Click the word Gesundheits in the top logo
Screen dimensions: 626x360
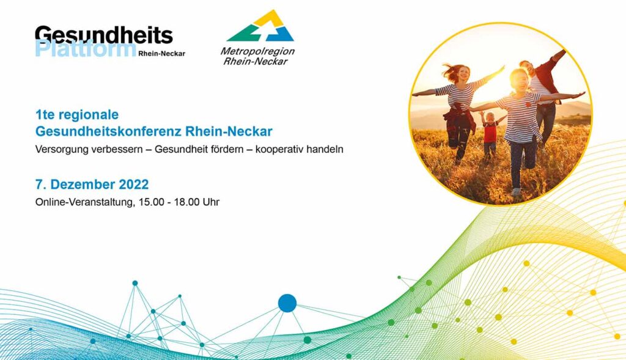[x=104, y=35]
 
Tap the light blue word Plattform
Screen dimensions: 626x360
[x=86, y=49]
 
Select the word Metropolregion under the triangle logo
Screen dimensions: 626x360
[x=257, y=51]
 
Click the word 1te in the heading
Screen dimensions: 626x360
[x=43, y=115]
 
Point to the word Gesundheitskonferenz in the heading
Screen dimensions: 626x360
[x=109, y=131]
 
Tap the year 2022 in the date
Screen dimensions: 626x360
[x=134, y=185]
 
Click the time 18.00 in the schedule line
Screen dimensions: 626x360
[x=186, y=202]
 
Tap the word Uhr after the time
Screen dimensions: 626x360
[x=211, y=202]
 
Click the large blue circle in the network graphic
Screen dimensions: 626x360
[x=287, y=303]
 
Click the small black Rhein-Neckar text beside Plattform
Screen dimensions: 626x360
[x=161, y=54]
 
